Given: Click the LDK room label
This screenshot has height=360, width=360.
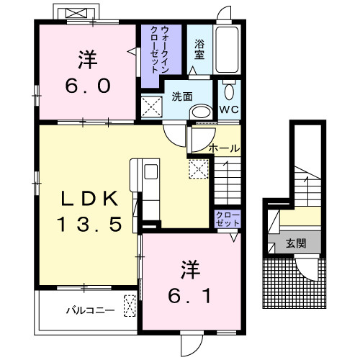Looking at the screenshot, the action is (x=89, y=198).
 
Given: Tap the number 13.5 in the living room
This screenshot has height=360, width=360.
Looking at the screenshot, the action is (x=89, y=224).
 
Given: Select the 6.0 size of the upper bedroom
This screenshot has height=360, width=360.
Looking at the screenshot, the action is (x=88, y=86).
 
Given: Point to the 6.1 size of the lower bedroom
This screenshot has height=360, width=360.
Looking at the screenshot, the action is (x=189, y=296).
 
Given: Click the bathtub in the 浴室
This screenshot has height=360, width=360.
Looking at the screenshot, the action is (x=227, y=50).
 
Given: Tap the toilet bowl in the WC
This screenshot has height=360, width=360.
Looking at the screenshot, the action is (x=229, y=92).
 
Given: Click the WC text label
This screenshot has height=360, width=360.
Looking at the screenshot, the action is (x=229, y=109).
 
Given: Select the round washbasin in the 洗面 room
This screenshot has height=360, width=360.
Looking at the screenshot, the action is (x=201, y=112).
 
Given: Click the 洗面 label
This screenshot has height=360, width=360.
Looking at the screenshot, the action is (x=182, y=96).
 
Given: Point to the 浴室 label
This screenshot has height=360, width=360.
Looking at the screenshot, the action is (x=199, y=50).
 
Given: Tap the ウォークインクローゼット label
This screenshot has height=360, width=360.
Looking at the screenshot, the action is (x=159, y=50).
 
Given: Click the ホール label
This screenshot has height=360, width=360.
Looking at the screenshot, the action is (x=224, y=148).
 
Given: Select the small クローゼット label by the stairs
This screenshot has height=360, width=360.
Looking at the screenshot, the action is (x=228, y=219).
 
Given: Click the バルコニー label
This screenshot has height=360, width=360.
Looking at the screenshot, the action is (x=90, y=310).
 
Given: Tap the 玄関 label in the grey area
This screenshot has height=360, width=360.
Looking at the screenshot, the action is (x=296, y=243).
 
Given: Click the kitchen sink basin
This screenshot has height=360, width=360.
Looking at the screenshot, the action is (x=151, y=171).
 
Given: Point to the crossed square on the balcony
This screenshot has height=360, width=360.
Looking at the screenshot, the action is (x=130, y=306).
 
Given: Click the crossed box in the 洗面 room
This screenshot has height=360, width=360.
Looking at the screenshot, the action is (x=152, y=107).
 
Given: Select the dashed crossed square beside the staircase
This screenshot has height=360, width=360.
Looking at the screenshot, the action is (x=199, y=168).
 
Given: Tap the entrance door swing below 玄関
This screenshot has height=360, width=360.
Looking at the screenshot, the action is (x=307, y=269).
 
